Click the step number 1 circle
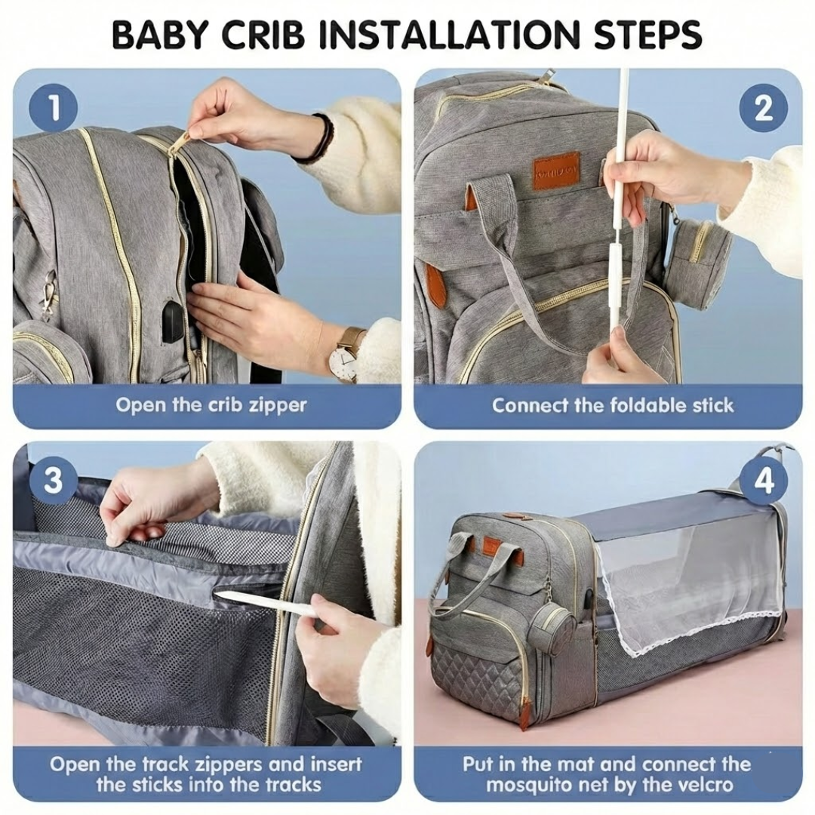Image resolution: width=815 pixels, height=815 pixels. pos(54,108)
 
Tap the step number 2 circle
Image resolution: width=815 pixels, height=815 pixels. pos(763,108)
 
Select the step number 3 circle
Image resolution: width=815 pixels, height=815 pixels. pos(54,481)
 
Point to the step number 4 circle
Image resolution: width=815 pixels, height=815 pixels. pos(763,481)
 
